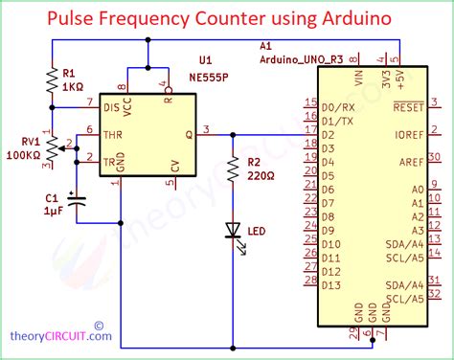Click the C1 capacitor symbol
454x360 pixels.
point(78,200)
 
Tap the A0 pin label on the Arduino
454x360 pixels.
point(417,190)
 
